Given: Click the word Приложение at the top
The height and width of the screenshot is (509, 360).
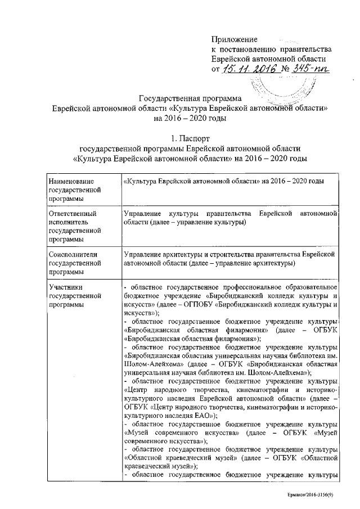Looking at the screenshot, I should coord(235,39).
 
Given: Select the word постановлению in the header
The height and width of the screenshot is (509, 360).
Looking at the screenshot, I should coord(251,49).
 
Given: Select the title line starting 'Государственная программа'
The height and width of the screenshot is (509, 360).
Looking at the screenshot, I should coord(185,98).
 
